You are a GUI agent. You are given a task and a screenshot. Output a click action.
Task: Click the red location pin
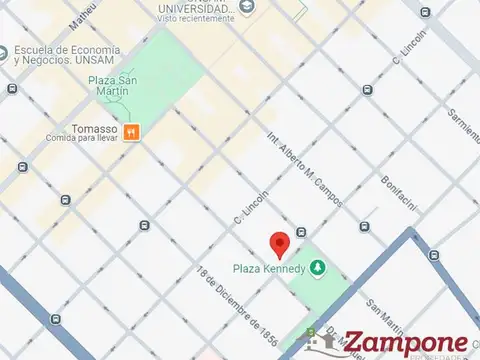(x=280, y=243)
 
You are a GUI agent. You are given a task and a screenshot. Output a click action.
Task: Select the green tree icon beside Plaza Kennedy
(x=317, y=267)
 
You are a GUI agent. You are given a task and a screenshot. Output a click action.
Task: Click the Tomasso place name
(x=95, y=129)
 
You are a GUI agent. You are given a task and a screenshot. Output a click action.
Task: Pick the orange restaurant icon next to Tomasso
(x=131, y=130)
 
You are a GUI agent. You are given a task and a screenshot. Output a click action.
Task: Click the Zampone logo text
(x=405, y=342)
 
